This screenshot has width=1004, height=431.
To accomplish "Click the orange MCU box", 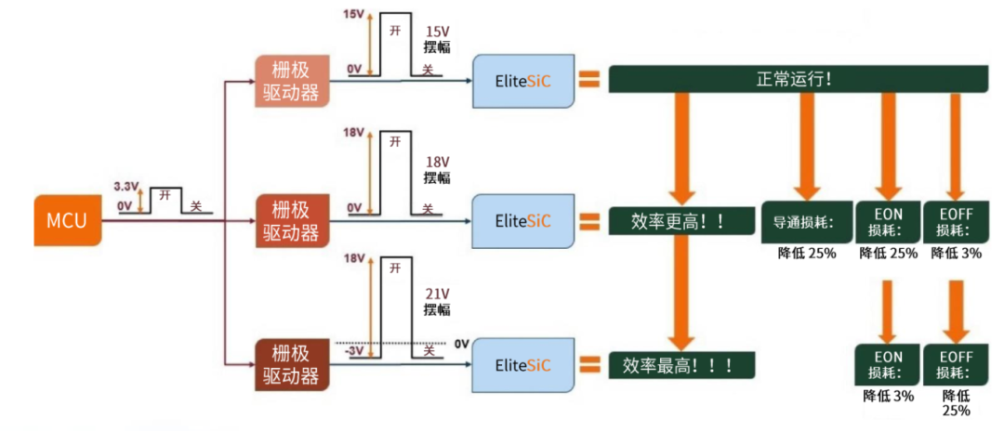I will (66, 220).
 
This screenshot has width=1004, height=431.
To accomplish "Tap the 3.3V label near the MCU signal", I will (125, 186).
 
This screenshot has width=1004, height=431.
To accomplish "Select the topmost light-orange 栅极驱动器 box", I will (291, 81).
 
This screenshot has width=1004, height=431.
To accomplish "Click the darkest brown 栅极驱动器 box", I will (291, 364).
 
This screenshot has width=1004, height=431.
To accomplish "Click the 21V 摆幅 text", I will (436, 300).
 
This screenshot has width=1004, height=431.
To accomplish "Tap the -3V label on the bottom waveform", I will (354, 350).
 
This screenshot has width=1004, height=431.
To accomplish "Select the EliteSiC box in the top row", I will (522, 81).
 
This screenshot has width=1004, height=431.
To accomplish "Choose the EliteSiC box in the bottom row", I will (522, 364).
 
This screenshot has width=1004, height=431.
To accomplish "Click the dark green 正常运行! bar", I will (796, 79).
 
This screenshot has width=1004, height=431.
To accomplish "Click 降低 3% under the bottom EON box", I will (888, 396).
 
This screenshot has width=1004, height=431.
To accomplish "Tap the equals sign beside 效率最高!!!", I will (589, 364).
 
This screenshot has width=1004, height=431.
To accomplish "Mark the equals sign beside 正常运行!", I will (589, 80).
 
